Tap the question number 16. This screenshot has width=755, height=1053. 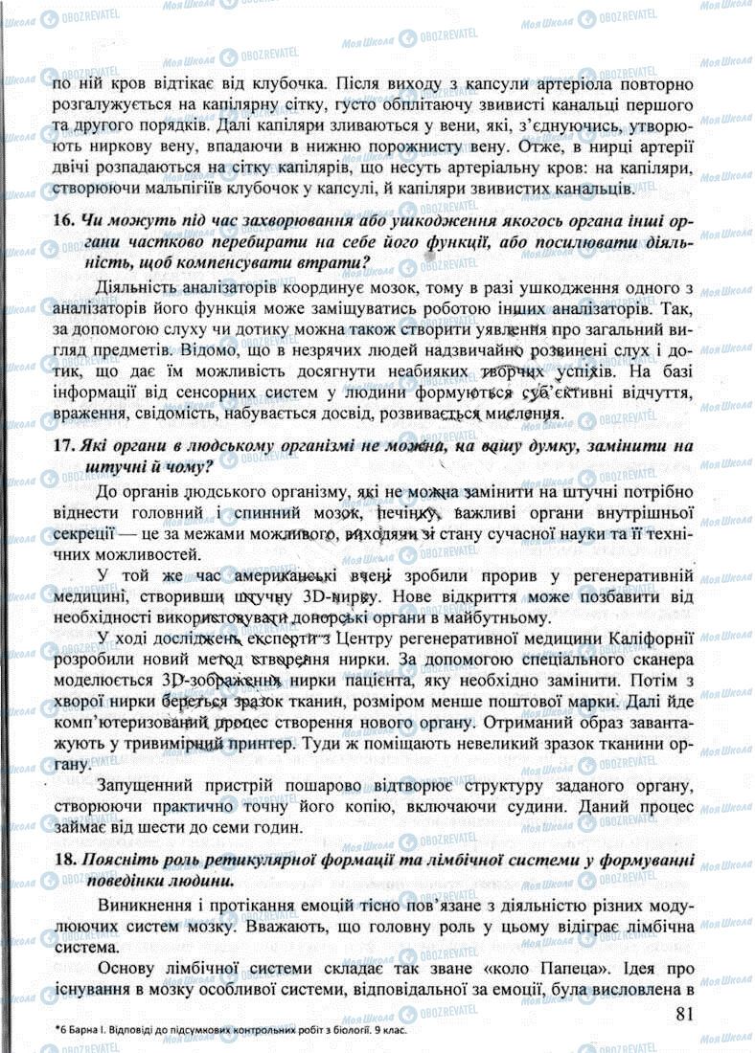63,220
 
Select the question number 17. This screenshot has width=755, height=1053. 63,446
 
